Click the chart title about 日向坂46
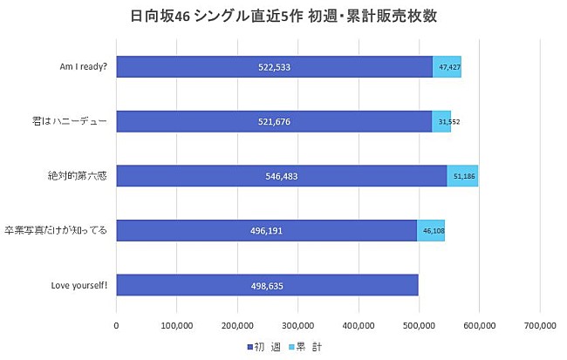tap(283, 17)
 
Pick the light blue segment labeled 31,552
tap(441, 121)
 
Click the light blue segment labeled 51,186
tap(462, 176)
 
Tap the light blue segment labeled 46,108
tap(431, 231)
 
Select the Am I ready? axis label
tap(80, 67)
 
